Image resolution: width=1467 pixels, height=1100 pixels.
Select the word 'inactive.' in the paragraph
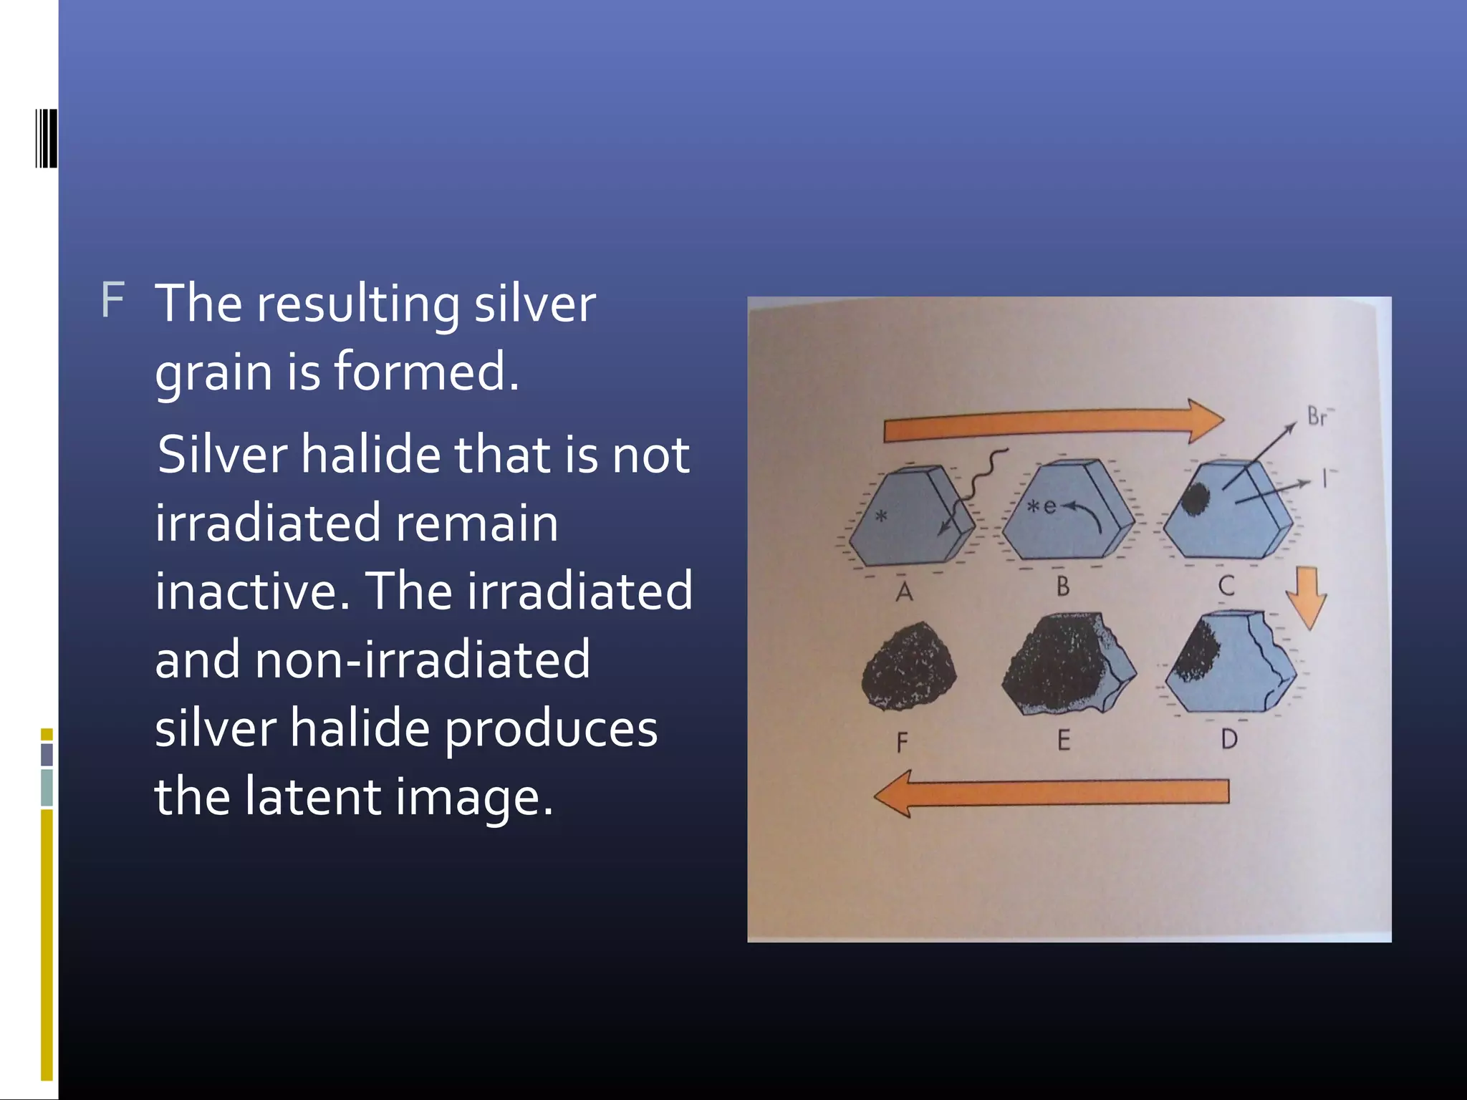[252, 592]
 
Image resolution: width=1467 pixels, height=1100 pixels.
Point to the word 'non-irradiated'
[423, 660]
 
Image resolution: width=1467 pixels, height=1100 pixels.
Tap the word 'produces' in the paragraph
[551, 729]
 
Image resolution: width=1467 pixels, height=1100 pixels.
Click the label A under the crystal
[904, 592]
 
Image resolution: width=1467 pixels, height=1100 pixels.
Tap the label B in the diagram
[1062, 587]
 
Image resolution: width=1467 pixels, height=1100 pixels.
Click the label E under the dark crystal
[1064, 740]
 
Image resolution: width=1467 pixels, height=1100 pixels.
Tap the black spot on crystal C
[1195, 498]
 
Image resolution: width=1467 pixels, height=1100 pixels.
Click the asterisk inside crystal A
[882, 515]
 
